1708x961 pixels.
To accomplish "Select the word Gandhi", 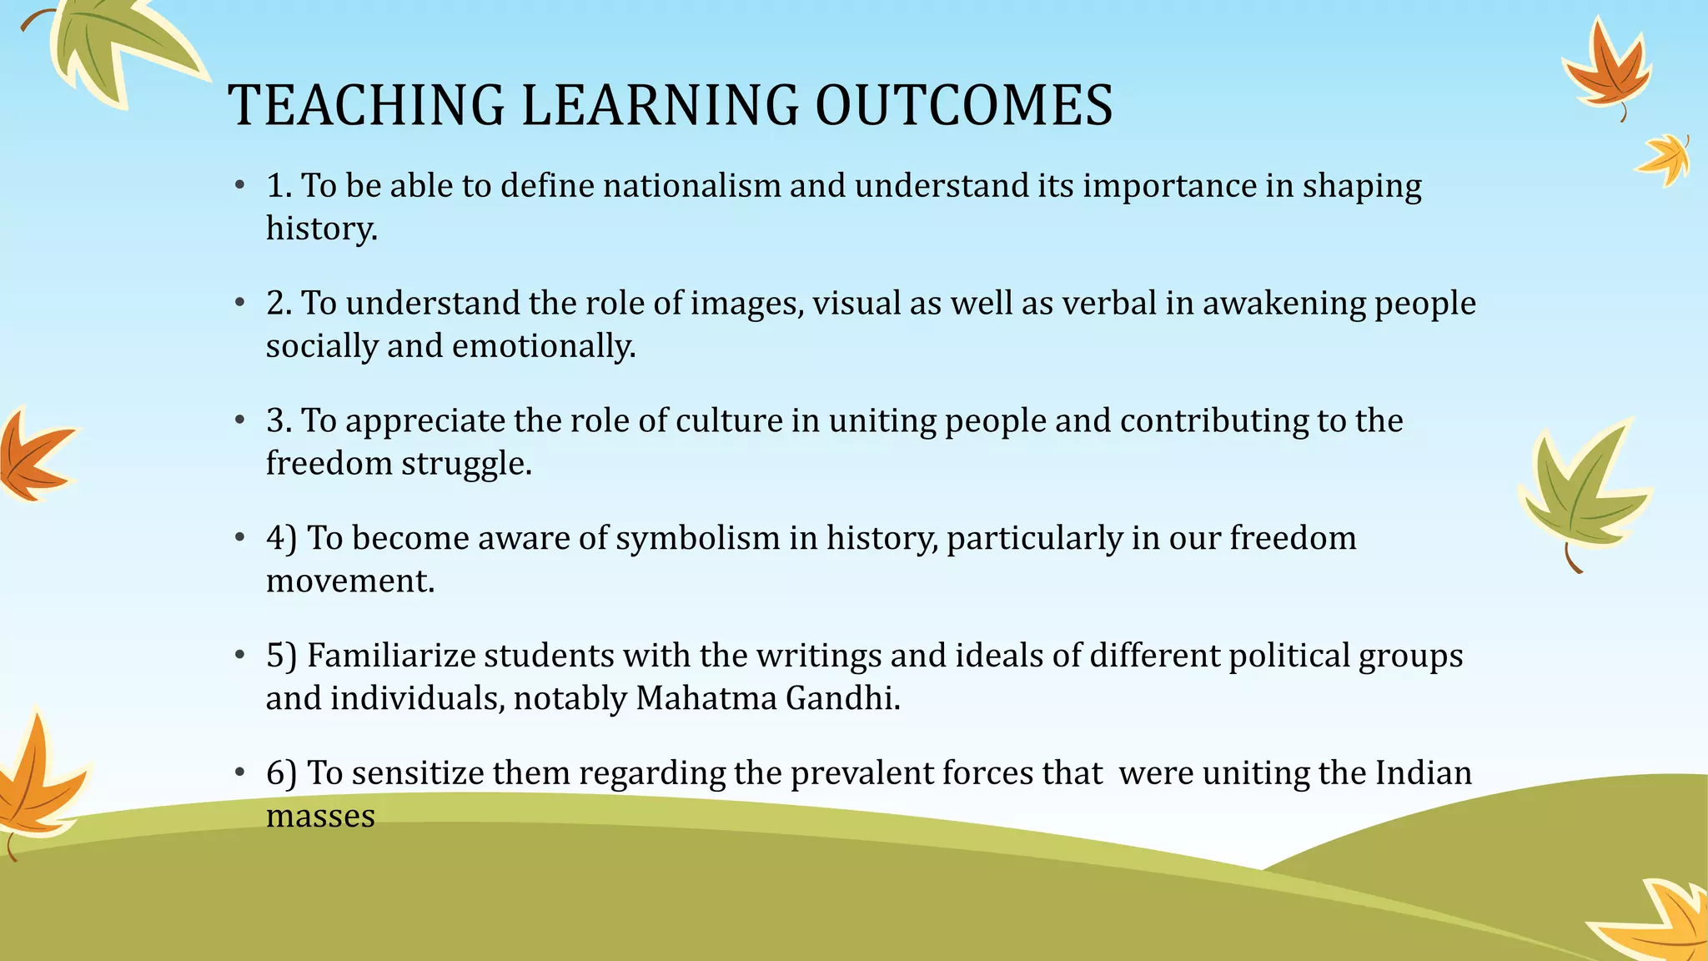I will click(x=843, y=698).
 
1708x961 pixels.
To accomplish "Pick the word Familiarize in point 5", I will click(x=390, y=656).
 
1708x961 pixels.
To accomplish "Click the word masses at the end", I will click(x=320, y=816).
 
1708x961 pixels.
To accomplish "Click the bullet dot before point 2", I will click(x=239, y=302).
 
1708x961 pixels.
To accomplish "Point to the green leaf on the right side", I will click(x=1580, y=492).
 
